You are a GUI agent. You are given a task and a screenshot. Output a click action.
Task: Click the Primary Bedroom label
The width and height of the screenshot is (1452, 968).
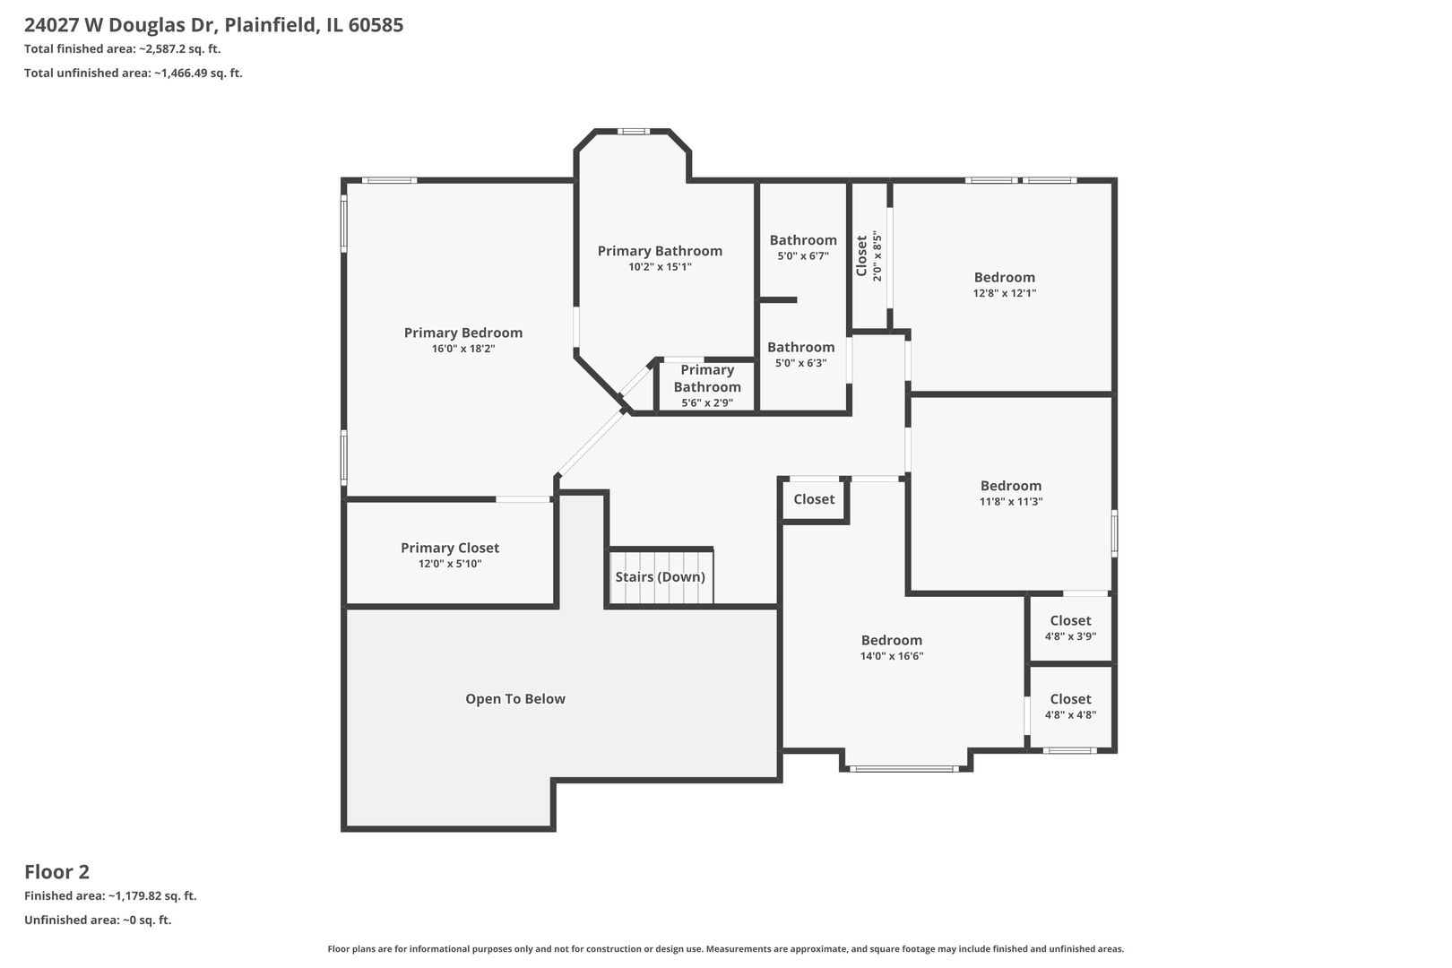click(462, 333)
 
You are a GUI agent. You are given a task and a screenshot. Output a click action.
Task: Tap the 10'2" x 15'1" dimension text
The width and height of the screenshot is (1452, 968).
click(660, 267)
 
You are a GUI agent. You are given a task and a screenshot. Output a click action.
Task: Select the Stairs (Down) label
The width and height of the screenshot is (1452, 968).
click(660, 576)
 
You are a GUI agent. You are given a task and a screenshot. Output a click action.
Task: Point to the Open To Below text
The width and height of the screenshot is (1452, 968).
click(514, 699)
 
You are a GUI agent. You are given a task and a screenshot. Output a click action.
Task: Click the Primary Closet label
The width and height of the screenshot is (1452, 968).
click(449, 548)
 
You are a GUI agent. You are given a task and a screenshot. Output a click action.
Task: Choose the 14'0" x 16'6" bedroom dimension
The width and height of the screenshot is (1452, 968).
click(891, 656)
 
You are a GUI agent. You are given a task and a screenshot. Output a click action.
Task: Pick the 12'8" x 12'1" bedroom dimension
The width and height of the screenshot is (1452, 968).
click(1004, 293)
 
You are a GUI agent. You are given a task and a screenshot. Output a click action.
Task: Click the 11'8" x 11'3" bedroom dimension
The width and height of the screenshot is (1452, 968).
click(1010, 502)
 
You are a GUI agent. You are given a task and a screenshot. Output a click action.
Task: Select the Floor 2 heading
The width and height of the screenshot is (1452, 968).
click(56, 871)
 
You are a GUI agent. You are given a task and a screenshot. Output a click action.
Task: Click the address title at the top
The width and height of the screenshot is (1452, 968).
click(213, 25)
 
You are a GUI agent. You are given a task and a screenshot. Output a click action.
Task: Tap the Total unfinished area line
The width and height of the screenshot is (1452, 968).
click(133, 73)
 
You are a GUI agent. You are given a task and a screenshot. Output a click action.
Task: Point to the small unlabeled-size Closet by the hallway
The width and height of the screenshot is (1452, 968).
click(814, 499)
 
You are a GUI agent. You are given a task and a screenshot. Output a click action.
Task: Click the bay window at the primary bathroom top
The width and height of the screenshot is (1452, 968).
click(633, 132)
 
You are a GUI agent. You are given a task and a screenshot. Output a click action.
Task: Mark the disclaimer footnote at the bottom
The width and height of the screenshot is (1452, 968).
click(725, 948)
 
